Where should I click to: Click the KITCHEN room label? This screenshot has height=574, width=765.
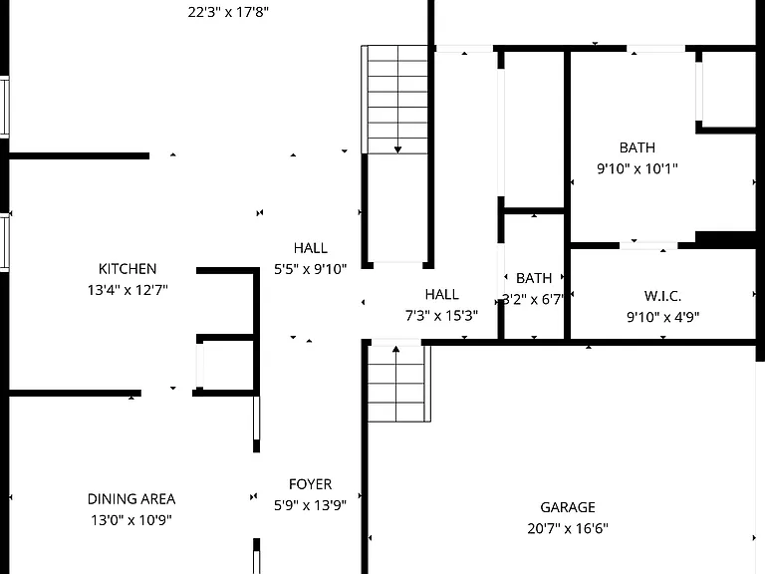point(127,269)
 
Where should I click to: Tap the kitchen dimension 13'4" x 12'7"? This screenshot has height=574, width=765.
point(127,290)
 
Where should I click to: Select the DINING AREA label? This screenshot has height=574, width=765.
point(131,499)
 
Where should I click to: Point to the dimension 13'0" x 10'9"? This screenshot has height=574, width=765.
point(131,520)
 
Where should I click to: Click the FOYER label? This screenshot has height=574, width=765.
point(311,484)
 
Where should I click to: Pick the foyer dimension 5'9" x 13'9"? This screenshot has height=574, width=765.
point(311,505)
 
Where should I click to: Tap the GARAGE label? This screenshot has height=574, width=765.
point(568,507)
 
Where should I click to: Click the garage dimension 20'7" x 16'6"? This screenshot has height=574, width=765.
point(568,528)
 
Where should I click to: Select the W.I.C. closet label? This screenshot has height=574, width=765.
point(663,296)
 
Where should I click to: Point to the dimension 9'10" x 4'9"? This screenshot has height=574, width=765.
point(663,317)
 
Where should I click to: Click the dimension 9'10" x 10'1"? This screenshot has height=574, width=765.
point(637,168)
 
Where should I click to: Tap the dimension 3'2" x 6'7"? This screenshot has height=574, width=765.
point(533,299)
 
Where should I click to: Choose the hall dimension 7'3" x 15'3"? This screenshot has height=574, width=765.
point(441,316)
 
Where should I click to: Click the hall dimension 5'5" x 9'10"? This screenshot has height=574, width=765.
point(311,269)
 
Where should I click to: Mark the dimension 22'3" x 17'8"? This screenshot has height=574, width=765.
point(228,12)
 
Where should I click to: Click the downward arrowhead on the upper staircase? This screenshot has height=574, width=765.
point(398,149)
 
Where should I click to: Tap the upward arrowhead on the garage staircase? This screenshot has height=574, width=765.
point(395,349)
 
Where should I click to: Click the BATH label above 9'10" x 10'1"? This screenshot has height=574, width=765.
point(637,147)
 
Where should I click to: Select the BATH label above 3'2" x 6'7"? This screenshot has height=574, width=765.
point(534,278)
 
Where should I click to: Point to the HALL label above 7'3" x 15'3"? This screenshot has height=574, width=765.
point(441,295)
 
